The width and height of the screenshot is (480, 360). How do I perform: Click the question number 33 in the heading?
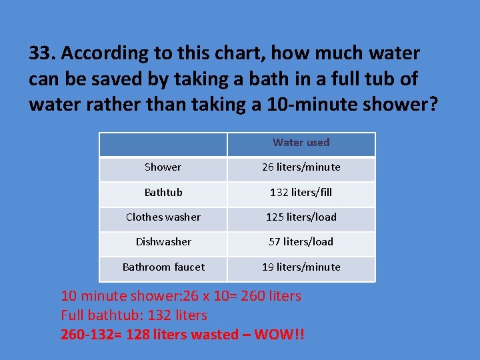coord(41,53)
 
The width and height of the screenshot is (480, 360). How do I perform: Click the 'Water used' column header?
coord(301,143)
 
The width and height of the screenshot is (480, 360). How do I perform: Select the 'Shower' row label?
coord(163,167)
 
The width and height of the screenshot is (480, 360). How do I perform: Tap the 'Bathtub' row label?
coord(163,193)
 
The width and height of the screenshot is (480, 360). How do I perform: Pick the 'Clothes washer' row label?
coord(163,217)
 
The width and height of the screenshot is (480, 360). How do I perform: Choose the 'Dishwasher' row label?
coord(163,242)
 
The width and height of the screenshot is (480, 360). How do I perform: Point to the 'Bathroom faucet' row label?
coord(163,267)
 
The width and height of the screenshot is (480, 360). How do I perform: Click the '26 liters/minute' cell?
coord(301,167)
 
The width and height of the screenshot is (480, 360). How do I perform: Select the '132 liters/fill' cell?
coord(301,193)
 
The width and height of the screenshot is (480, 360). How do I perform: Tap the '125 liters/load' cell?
coord(301,217)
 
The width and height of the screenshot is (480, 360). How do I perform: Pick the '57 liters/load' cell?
coord(301,242)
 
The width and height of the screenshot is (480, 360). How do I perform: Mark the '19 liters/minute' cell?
coord(301,267)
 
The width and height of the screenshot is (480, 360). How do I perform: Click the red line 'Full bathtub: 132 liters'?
coord(134,315)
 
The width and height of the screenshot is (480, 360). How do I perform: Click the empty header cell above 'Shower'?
coord(163,144)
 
